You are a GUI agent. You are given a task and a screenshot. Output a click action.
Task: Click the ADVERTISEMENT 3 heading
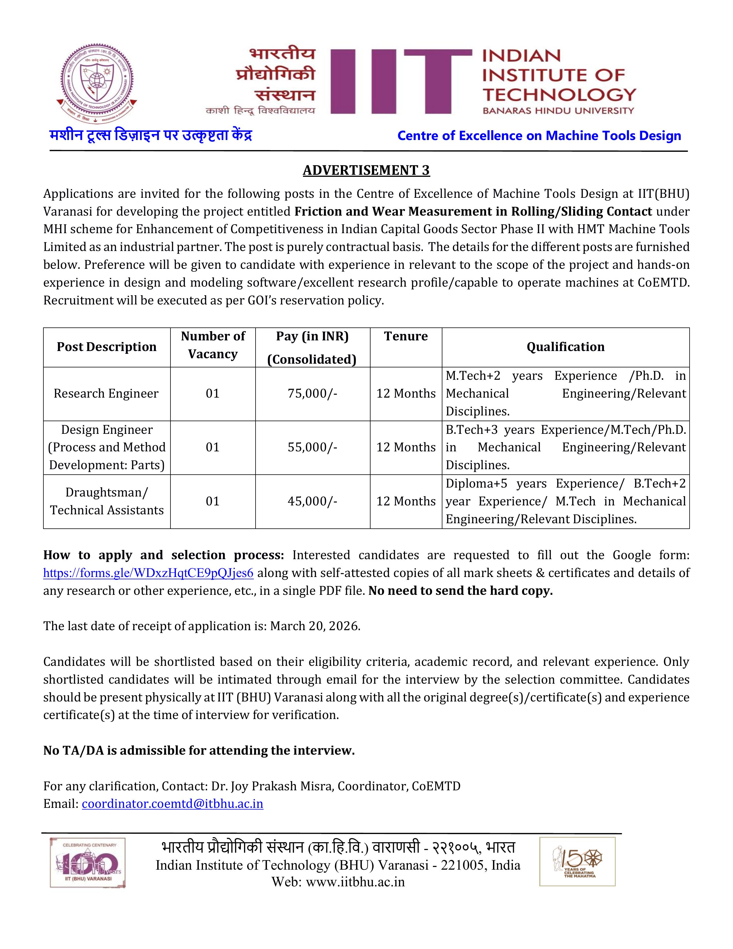(x=366, y=170)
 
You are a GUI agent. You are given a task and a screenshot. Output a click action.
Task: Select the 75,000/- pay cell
(x=312, y=394)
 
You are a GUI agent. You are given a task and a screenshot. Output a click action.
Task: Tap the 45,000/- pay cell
(x=312, y=501)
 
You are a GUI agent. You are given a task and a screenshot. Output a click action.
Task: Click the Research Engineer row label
(x=106, y=394)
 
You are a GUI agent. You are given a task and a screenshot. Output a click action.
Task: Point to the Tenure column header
(x=406, y=336)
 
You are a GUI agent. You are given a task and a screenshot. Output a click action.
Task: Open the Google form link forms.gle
(x=148, y=573)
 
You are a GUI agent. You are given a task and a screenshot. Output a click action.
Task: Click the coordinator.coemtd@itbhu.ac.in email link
(x=172, y=804)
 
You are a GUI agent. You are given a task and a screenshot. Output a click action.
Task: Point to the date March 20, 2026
(x=315, y=626)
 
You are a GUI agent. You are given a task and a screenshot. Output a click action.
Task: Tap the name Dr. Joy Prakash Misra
(x=273, y=786)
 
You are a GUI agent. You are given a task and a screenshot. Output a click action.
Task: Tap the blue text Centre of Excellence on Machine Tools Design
(x=539, y=136)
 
